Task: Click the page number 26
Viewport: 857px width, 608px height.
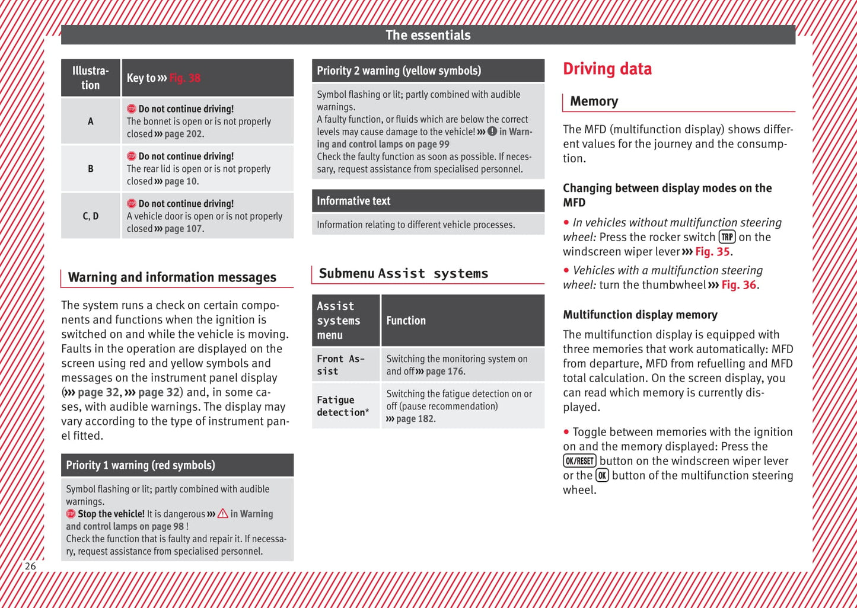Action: [30, 566]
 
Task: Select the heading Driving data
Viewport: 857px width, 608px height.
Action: [607, 69]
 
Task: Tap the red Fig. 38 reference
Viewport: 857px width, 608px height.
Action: [185, 78]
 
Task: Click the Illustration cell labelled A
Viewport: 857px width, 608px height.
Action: [91, 121]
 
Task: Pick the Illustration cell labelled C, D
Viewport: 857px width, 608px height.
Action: [91, 216]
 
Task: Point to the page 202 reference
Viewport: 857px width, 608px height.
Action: [184, 134]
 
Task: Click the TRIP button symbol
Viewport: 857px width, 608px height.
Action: [727, 237]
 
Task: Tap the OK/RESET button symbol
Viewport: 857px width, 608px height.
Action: [579, 461]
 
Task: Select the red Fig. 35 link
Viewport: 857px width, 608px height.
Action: [712, 252]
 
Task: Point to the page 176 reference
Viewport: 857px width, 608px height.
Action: [445, 372]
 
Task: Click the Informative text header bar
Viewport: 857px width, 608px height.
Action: [428, 201]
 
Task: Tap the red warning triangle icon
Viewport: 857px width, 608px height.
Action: [222, 514]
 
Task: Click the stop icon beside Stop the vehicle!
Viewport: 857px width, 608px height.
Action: [71, 514]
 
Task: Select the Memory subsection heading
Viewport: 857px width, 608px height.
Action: [594, 101]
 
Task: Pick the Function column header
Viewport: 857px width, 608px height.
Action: [406, 321]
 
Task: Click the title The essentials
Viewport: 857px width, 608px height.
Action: [428, 35]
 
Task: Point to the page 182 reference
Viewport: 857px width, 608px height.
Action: [415, 419]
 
